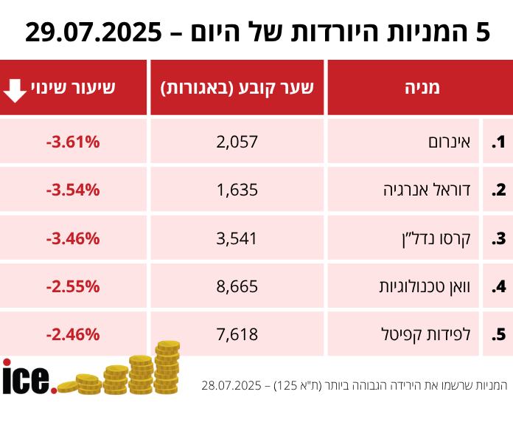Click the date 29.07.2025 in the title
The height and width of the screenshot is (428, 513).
[94, 32]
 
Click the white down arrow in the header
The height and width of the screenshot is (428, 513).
[15, 89]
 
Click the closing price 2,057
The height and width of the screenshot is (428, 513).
[237, 142]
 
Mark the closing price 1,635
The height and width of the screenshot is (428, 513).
[237, 190]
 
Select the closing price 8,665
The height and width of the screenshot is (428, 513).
[237, 286]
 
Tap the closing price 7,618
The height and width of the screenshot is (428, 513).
[237, 334]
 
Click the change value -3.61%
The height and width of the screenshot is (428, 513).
[72, 142]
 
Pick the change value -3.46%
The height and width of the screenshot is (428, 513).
[72, 238]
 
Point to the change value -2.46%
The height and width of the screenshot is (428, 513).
[72, 334]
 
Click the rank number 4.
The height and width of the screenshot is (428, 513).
[499, 286]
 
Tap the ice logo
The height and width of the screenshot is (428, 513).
[28, 377]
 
